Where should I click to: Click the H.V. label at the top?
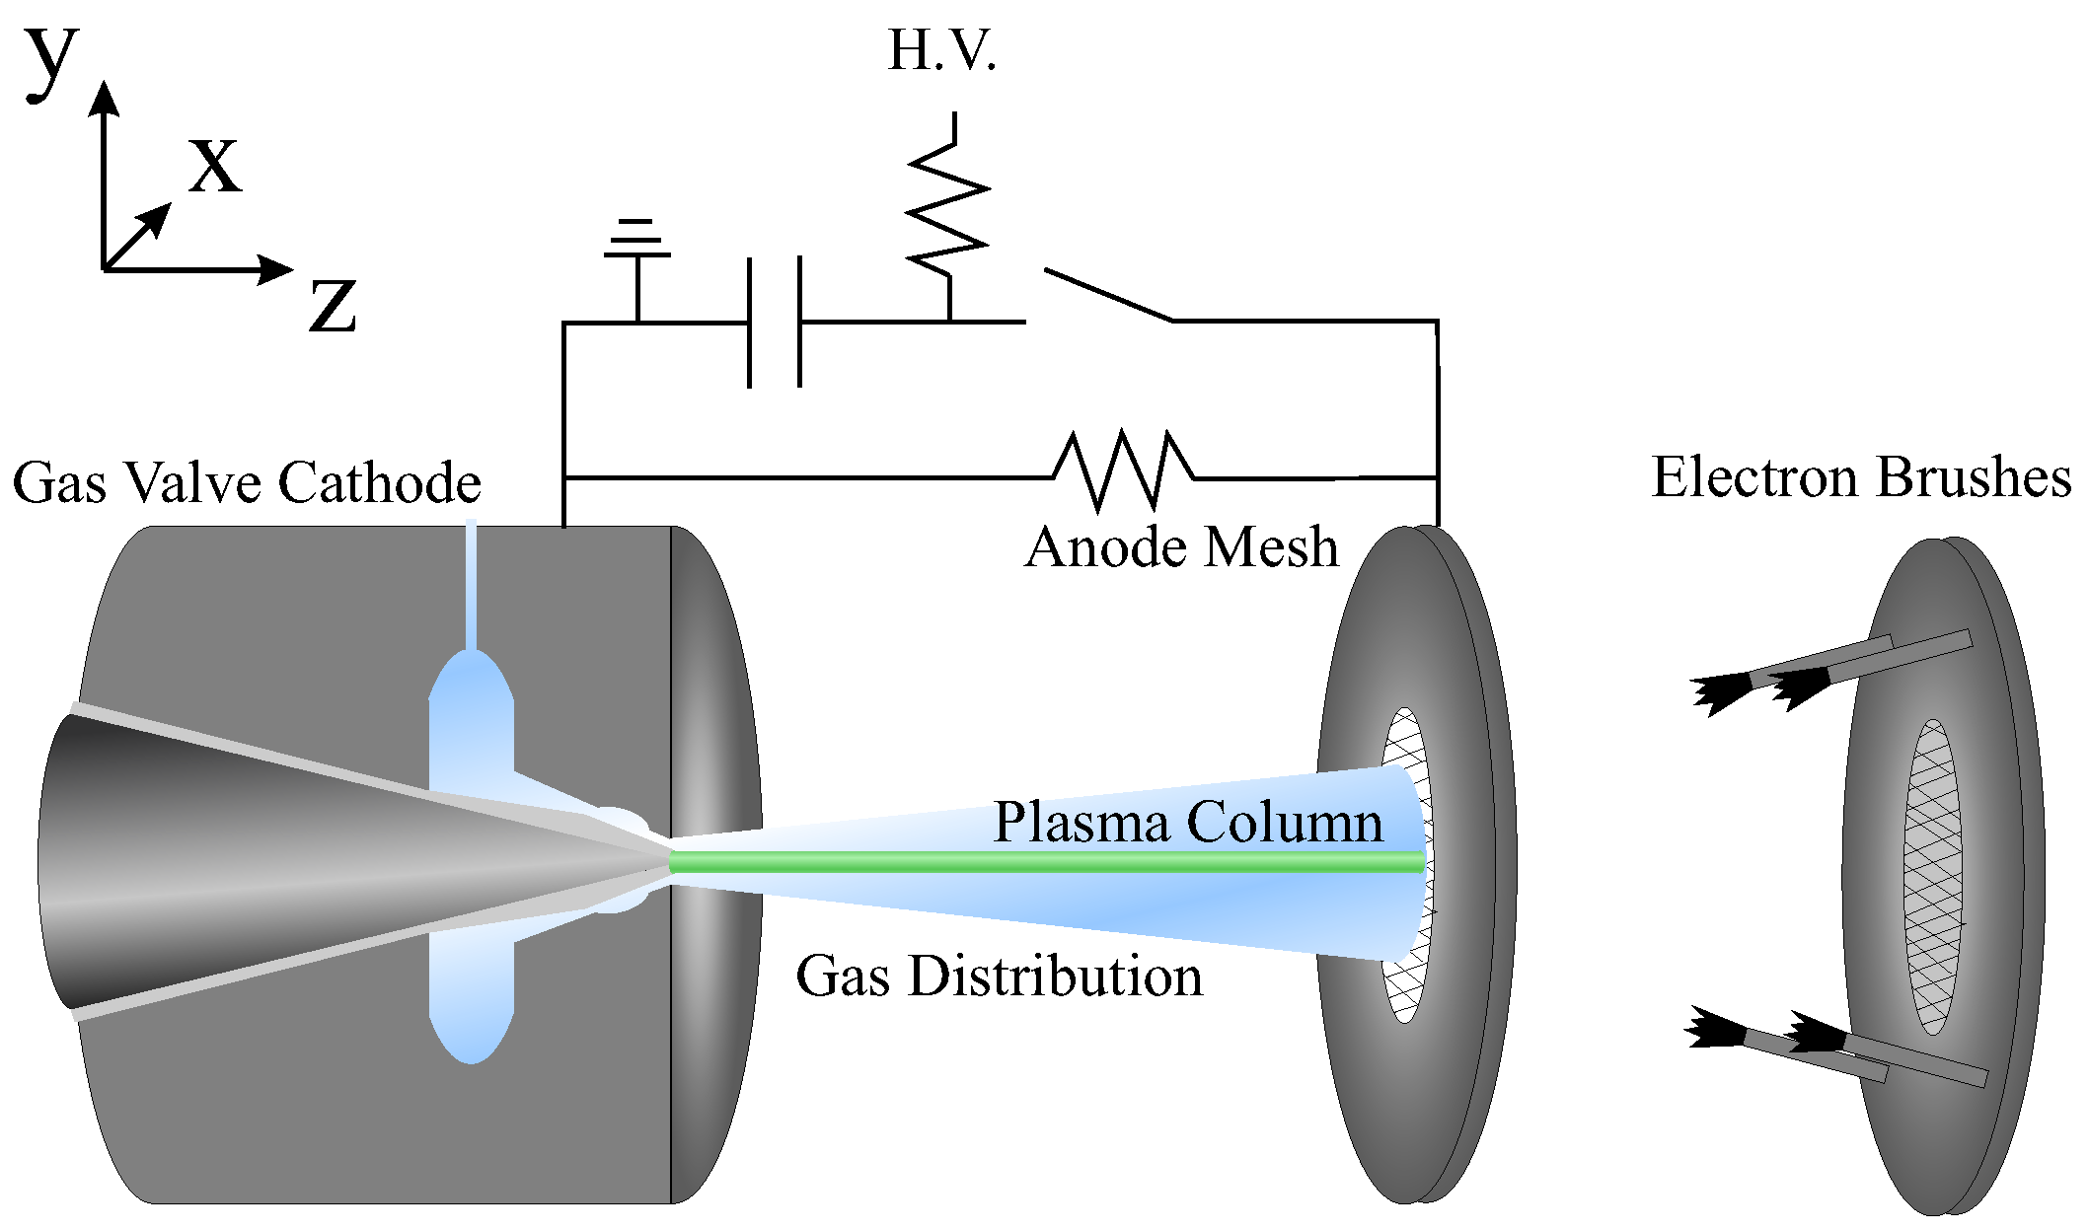coord(941,51)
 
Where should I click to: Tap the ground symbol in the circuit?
coord(637,243)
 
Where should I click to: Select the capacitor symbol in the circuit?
coord(775,322)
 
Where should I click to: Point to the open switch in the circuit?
coord(1107,294)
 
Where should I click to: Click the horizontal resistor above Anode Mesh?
coord(1123,471)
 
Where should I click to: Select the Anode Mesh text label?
coord(1181,547)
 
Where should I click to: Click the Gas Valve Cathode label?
coord(247,483)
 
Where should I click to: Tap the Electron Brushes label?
coord(1861,478)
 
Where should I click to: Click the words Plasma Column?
coord(1188,822)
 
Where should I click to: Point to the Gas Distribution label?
coord(999,977)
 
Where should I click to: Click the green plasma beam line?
coord(1046,863)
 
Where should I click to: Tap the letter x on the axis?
coord(215,164)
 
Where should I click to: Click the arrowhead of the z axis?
coord(276,269)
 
